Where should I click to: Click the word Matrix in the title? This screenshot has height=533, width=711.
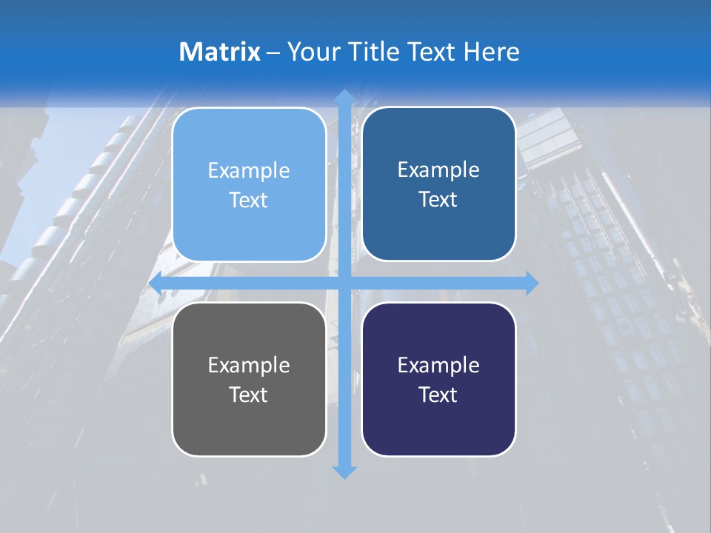pyautogui.click(x=219, y=52)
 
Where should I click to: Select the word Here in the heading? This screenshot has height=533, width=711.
pyautogui.click(x=491, y=52)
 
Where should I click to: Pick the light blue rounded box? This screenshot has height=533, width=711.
pyautogui.click(x=249, y=184)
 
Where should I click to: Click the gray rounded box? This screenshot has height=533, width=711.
pyautogui.click(x=249, y=379)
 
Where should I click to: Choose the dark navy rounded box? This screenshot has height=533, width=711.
pyautogui.click(x=438, y=379)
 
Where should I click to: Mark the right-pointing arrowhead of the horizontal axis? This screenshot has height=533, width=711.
pyautogui.click(x=531, y=283)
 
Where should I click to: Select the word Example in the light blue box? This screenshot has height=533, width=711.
pyautogui.click(x=249, y=170)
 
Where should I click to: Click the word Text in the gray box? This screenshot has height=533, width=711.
pyautogui.click(x=249, y=395)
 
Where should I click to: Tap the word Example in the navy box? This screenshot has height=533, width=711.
pyautogui.click(x=438, y=365)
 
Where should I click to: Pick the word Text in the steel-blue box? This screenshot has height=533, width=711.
pyautogui.click(x=438, y=199)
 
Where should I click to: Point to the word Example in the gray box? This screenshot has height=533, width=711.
pyautogui.click(x=249, y=365)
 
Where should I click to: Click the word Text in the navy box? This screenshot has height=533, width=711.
pyautogui.click(x=438, y=395)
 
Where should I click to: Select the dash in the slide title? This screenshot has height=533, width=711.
pyautogui.click(x=273, y=53)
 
